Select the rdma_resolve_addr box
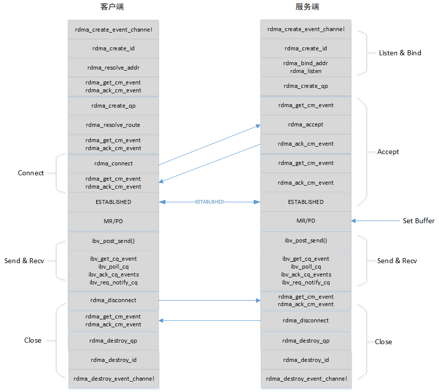pos(113,67)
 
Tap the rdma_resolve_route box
pos(113,125)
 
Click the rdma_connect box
pos(113,163)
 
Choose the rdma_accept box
pos(306,124)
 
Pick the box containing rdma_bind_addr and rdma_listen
pos(306,67)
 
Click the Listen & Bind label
pos(400,53)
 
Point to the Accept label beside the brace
pos(388,152)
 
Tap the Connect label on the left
pos(31,173)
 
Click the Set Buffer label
pos(418,221)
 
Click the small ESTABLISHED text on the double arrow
pos(209,202)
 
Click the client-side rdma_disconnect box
pos(113,300)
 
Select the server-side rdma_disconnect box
pos(306,320)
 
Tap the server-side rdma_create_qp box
pos(306,86)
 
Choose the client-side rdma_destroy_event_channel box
pos(113,379)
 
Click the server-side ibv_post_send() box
pos(306,240)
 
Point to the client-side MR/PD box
pos(113,221)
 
